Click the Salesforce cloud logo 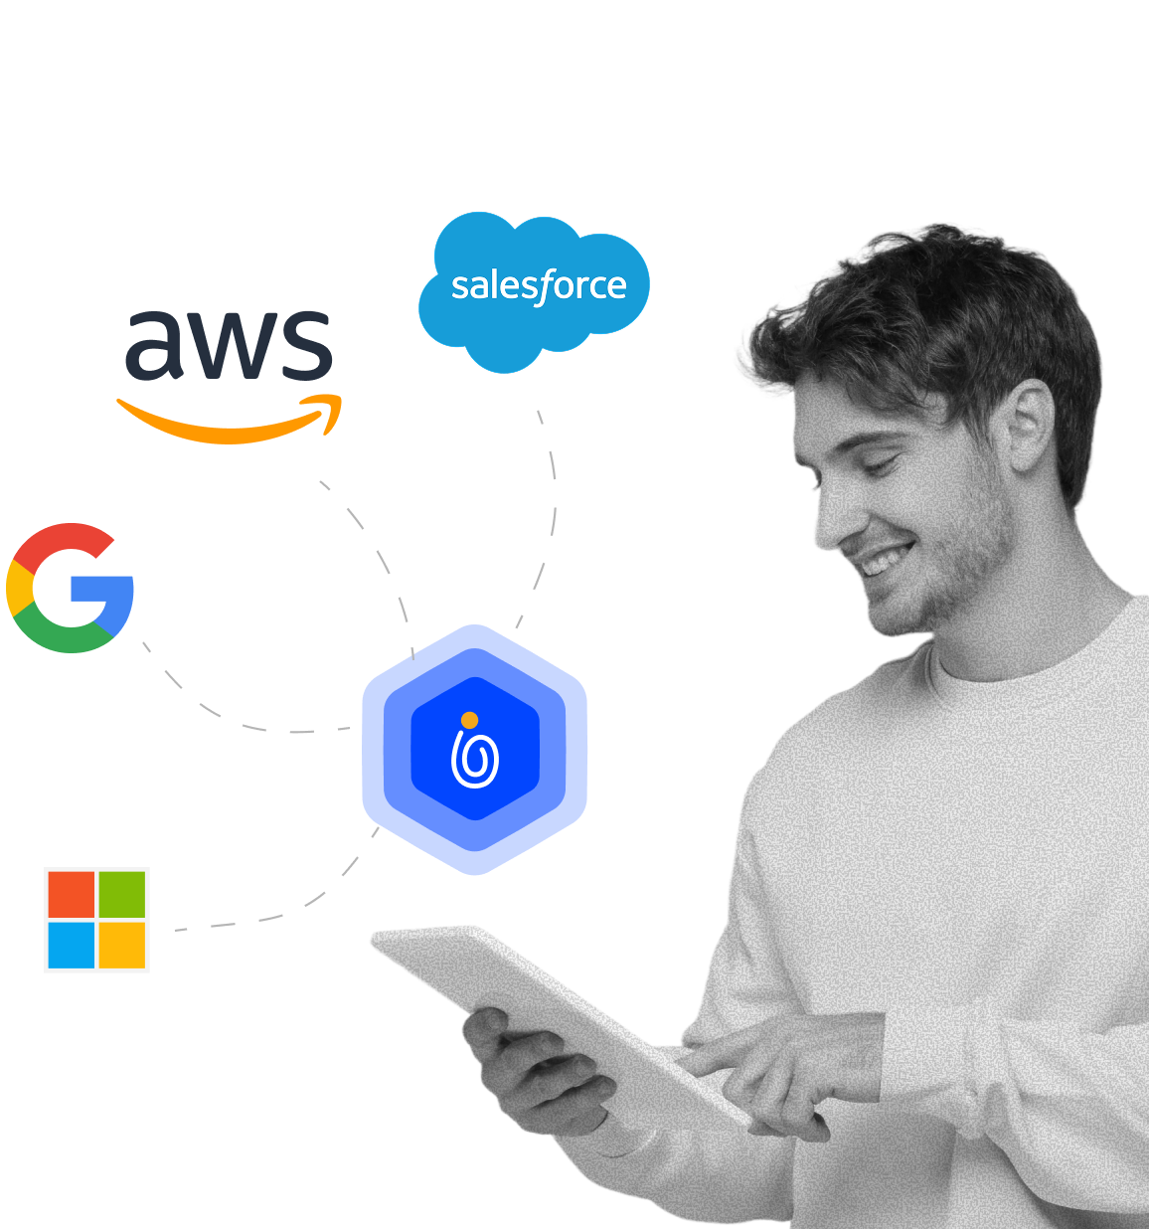click(534, 288)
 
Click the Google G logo click(70, 588)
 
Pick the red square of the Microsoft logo click(72, 894)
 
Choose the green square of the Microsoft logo click(122, 894)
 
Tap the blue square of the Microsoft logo click(72, 945)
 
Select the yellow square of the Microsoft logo click(122, 945)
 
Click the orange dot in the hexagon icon click(470, 720)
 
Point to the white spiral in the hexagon click(475, 762)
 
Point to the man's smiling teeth click(884, 561)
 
